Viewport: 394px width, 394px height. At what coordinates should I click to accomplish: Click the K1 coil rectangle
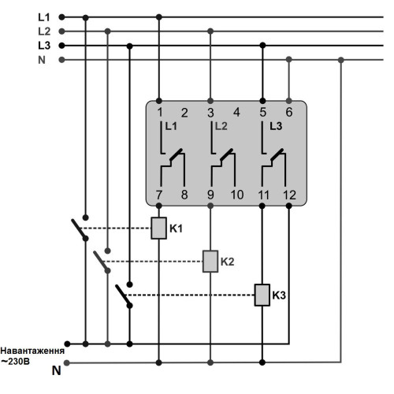[158, 228]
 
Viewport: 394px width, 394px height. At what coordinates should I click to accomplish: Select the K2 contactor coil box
[210, 262]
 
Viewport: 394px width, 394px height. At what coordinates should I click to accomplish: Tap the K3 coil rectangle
[262, 295]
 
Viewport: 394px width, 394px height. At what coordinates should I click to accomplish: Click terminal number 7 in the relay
[159, 195]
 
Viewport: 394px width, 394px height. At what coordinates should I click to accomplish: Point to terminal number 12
[289, 195]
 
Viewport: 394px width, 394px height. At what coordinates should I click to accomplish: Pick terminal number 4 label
[236, 113]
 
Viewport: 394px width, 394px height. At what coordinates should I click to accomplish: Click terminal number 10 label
[237, 195]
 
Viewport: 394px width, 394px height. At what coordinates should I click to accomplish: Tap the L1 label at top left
[44, 17]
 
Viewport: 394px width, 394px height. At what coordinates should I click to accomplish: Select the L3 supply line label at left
[44, 46]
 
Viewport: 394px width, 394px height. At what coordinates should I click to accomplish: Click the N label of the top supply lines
[42, 60]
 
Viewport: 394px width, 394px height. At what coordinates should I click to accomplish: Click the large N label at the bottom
[57, 370]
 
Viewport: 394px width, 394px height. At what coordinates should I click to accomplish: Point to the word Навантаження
[32, 351]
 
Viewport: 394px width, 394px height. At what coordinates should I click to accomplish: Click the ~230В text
[15, 362]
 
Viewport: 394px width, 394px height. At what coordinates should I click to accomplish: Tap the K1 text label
[176, 229]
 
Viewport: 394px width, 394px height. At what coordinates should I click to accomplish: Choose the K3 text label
[279, 295]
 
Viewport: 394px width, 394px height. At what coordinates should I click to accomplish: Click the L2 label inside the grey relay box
[221, 126]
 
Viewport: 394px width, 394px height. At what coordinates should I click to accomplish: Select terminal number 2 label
[184, 113]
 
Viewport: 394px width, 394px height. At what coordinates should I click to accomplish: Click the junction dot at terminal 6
[289, 101]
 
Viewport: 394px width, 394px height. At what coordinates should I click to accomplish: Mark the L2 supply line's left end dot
[61, 32]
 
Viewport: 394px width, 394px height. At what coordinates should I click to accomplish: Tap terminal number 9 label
[210, 195]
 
